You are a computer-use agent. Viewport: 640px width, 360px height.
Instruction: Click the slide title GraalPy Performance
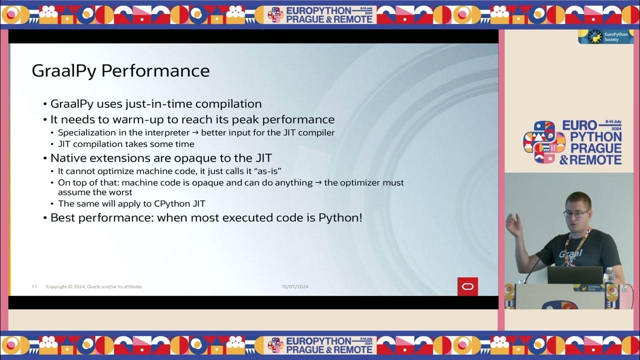pos(120,70)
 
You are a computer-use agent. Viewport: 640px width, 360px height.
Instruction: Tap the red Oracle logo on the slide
pos(467,286)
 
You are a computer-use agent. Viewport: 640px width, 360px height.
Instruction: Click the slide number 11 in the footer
pos(34,286)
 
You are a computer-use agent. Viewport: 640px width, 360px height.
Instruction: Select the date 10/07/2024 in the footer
pos(295,286)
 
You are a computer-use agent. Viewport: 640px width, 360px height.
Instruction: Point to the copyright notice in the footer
pos(93,286)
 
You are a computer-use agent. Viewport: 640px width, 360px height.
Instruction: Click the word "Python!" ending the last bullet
pos(340,218)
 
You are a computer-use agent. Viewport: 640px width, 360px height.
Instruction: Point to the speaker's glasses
pos(576,213)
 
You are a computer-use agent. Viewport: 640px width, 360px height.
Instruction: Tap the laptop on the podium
pos(574,275)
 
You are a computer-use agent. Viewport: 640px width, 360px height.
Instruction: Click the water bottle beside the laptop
pos(608,275)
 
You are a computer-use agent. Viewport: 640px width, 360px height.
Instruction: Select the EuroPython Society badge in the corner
pos(605,36)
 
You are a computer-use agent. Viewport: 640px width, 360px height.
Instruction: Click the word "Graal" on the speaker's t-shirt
pos(570,253)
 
